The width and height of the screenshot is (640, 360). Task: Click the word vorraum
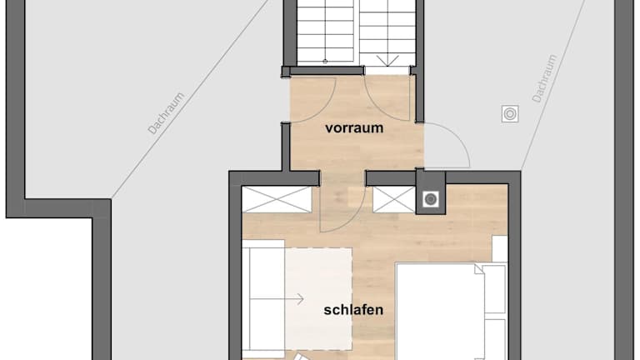[x=354, y=127]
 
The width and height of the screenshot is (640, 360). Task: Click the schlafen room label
[x=353, y=310]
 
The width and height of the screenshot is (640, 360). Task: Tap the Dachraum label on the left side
[x=166, y=113]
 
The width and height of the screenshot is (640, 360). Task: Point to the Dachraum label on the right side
[x=544, y=78]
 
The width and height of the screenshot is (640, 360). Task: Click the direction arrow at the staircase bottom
[x=387, y=61]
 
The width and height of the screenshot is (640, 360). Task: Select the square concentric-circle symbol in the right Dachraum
[x=510, y=114]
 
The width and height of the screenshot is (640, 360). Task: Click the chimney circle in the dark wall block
[x=431, y=200]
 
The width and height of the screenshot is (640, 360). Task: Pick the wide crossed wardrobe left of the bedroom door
[x=277, y=200]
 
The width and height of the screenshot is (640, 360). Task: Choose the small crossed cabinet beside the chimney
[x=394, y=200]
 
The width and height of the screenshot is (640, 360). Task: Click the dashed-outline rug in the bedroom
[x=318, y=299]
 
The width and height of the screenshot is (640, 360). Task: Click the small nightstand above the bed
[x=500, y=249]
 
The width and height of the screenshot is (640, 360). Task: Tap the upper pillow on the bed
[x=495, y=290]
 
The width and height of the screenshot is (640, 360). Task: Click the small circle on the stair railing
[x=325, y=61]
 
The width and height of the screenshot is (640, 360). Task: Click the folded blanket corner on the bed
[x=479, y=270]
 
